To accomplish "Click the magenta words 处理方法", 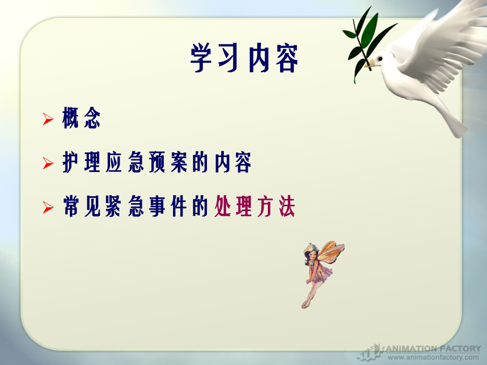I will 255,208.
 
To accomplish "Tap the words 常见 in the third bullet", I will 81,208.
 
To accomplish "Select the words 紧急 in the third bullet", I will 124,208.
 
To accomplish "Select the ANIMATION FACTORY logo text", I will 432,349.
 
